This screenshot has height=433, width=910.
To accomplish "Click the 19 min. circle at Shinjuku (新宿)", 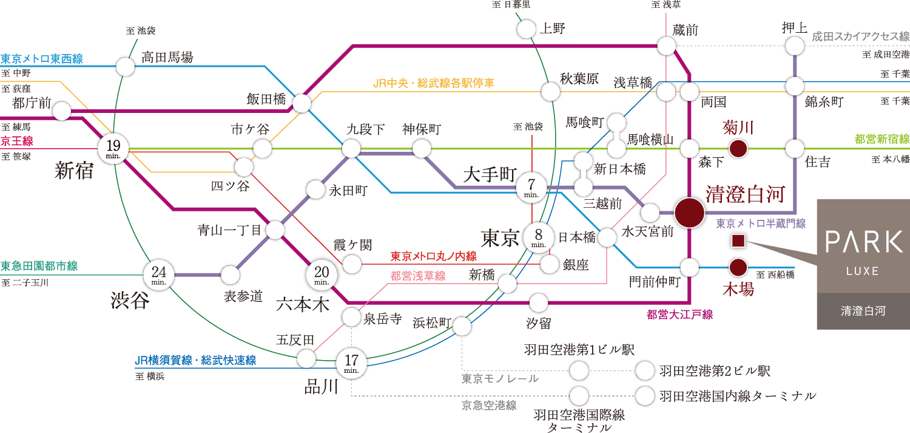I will [x=113, y=148].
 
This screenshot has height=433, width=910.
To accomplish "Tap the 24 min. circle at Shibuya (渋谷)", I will [x=159, y=275].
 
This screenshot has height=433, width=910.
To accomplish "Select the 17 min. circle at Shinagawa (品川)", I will [x=352, y=363].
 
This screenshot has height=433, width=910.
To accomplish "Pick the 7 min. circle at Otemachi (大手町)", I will [x=532, y=188].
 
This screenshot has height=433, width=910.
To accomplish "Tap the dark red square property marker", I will [x=738, y=242].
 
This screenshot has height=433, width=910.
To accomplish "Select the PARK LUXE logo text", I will [x=864, y=243].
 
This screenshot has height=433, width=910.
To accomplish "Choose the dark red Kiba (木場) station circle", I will [x=738, y=267].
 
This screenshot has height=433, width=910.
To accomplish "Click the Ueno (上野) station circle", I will [x=527, y=28].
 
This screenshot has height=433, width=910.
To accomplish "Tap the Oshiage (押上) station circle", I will [x=795, y=46].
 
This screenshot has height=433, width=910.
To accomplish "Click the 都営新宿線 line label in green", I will [x=881, y=139].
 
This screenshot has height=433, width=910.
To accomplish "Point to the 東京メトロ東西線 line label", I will [x=41, y=59].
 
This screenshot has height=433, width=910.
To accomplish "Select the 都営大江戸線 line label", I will [x=679, y=315].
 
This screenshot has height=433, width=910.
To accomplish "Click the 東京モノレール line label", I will [x=500, y=378].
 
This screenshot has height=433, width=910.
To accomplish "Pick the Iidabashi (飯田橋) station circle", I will [x=302, y=104].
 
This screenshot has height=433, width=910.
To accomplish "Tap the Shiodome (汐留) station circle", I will [x=538, y=302].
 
